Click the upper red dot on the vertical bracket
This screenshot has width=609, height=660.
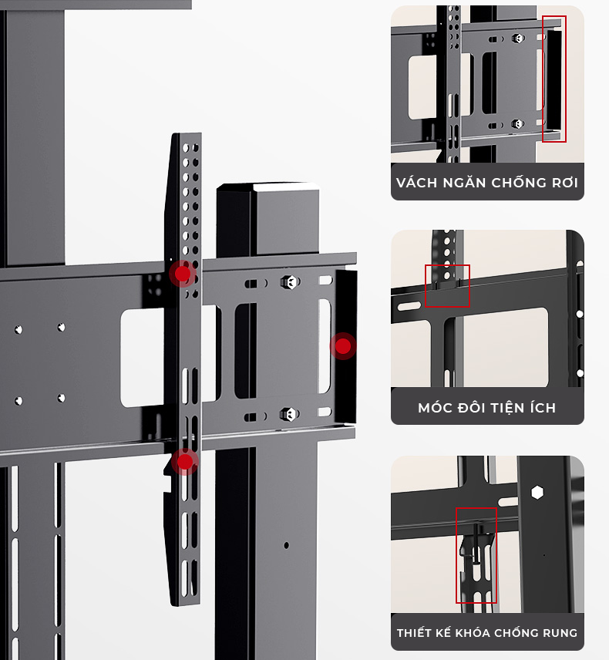183,273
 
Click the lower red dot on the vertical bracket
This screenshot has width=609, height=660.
185,462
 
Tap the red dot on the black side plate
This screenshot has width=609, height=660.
343,346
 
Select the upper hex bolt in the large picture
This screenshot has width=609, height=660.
290,282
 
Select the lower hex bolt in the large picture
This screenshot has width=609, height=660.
290,414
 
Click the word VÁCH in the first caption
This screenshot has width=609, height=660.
416,183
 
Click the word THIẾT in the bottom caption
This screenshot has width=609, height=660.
415,632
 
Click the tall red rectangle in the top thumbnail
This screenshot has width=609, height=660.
554,79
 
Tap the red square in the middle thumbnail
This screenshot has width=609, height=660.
447,286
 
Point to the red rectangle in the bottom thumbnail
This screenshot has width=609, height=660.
476,555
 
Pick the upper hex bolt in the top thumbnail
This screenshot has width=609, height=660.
517,39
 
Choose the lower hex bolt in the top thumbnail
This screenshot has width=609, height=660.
517,123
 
